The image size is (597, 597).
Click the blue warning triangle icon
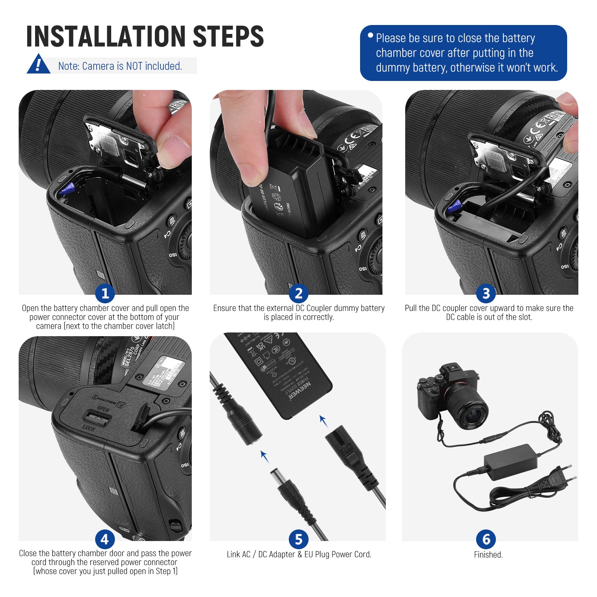pos(38,65)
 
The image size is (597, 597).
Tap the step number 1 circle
pos(105,293)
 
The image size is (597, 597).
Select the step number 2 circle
pos(298,293)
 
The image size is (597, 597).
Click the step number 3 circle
pos(486,293)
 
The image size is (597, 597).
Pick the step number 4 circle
pos(105,540)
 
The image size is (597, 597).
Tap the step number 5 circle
pos(298,540)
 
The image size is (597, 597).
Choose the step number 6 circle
pos(486,540)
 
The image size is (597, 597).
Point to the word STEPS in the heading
pos(228,37)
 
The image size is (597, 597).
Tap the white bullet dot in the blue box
pos(370,35)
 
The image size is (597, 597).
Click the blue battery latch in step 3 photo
pos(454,206)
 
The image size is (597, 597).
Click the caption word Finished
pos(488,555)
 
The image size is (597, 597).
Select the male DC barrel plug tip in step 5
pos(276,476)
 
